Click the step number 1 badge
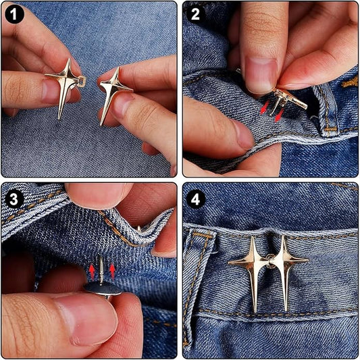[x=14, y=14]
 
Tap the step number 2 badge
[x=195, y=14]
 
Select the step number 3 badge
[x=14, y=199]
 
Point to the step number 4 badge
[x=195, y=199]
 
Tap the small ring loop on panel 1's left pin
[x=82, y=81]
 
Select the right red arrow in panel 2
[x=280, y=115]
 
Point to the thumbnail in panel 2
[x=261, y=75]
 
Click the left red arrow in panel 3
[x=92, y=272]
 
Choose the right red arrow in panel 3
[x=112, y=272]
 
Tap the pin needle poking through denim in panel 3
[x=101, y=269]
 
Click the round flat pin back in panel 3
[x=103, y=289]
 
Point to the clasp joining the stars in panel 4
[x=270, y=261]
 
